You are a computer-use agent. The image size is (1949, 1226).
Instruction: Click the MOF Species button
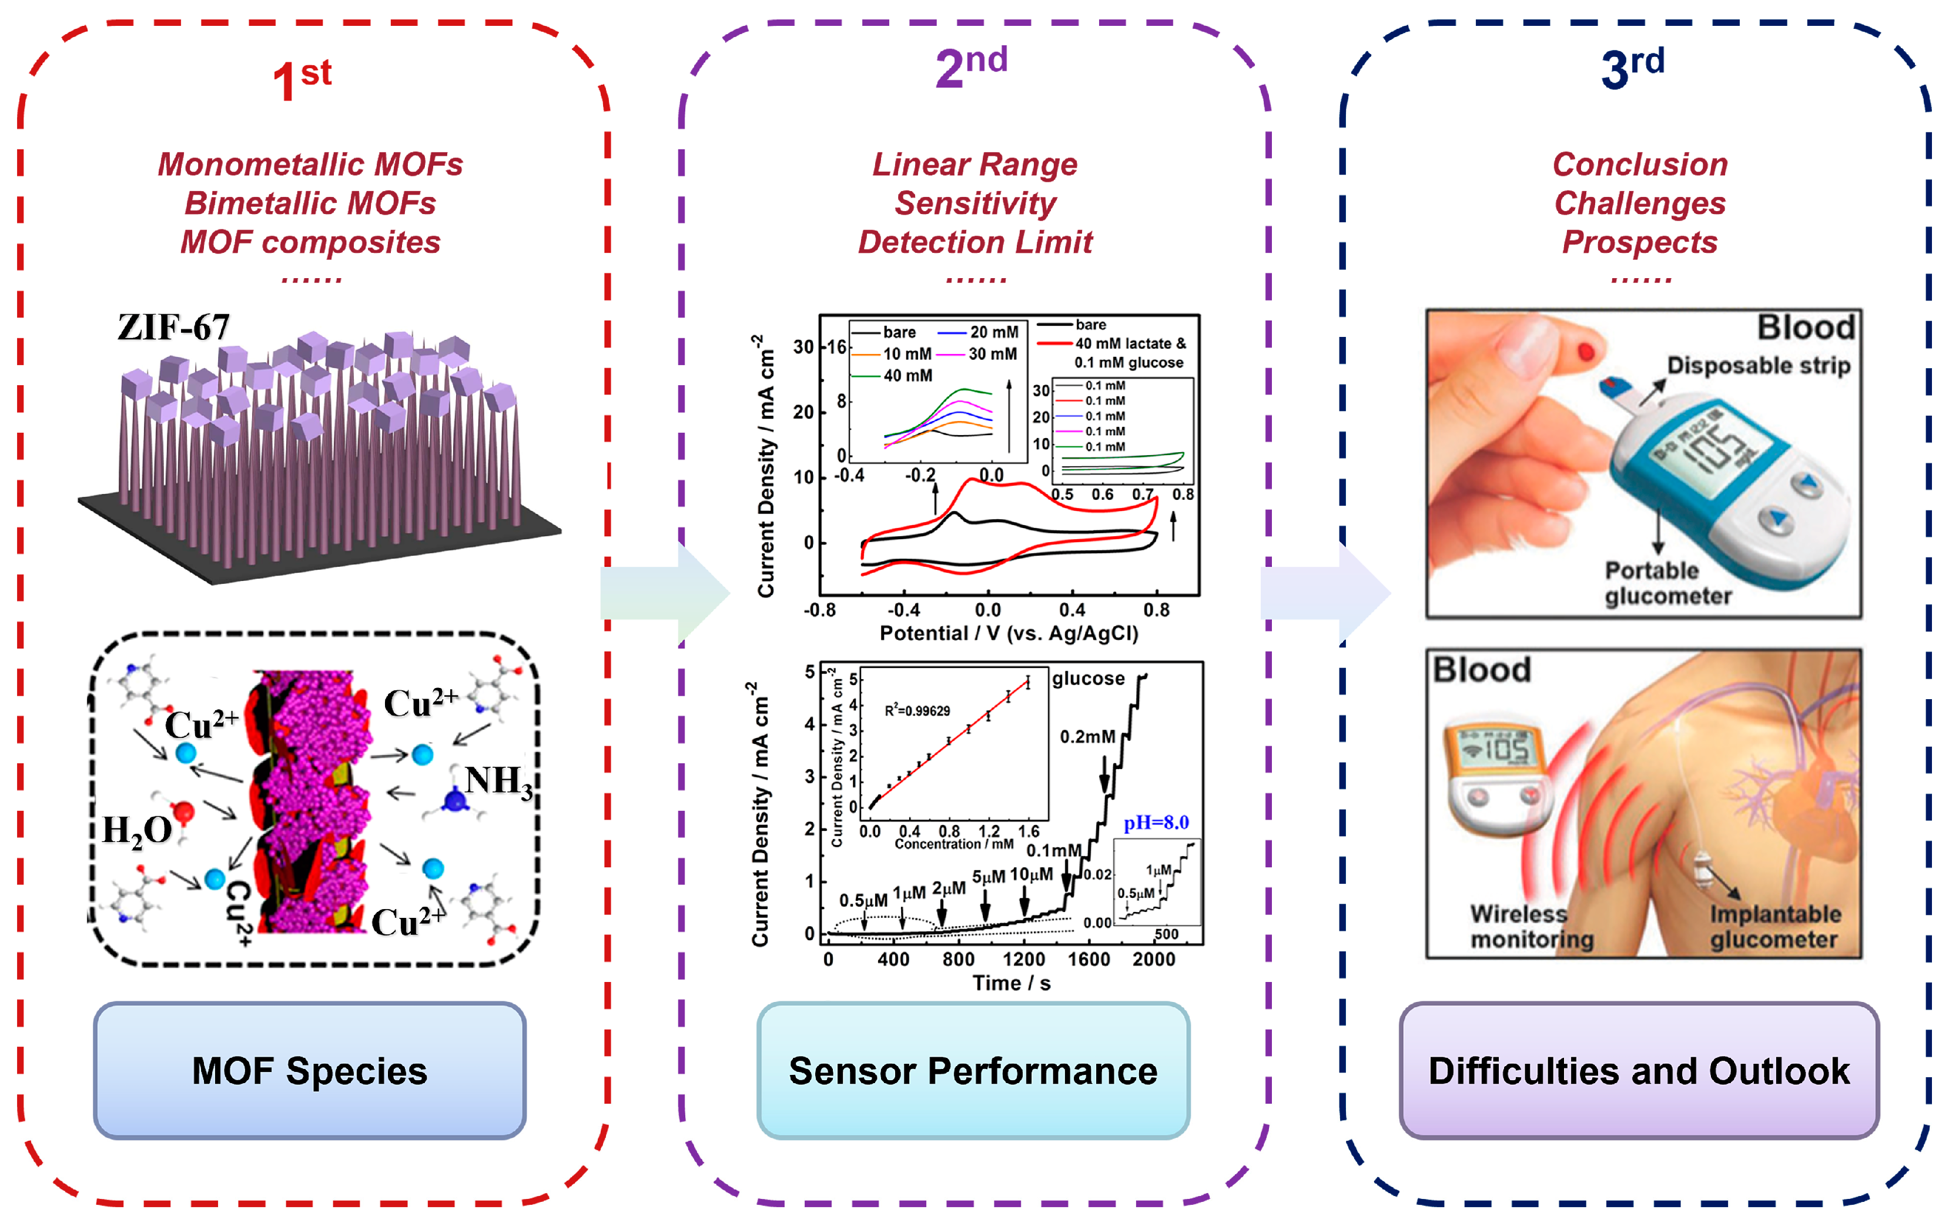(309, 1071)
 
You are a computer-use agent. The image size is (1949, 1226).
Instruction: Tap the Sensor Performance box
(973, 1071)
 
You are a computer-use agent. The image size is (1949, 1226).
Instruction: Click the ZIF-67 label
(173, 327)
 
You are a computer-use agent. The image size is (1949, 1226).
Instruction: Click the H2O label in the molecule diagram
(138, 831)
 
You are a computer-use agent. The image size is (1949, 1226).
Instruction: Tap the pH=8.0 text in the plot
(1156, 823)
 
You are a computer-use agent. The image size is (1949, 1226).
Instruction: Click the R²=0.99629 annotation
(917, 711)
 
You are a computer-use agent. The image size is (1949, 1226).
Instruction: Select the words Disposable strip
(1758, 365)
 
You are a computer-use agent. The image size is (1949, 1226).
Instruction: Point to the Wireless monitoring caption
(1531, 926)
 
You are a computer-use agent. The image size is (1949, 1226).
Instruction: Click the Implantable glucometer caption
(1774, 926)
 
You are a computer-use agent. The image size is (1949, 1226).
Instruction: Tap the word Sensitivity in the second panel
(975, 203)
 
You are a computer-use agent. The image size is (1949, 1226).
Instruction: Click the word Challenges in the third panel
(1640, 203)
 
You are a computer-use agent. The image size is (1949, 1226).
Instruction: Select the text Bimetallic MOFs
(310, 203)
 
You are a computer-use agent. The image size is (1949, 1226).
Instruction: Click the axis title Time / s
(1012, 983)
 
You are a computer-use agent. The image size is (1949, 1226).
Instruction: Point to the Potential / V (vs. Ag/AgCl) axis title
(1009, 633)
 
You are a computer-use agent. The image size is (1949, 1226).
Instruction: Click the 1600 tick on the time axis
(1088, 960)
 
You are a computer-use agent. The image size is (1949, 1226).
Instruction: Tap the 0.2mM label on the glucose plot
(1087, 737)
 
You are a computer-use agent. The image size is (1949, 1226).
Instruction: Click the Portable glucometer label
(1667, 583)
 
